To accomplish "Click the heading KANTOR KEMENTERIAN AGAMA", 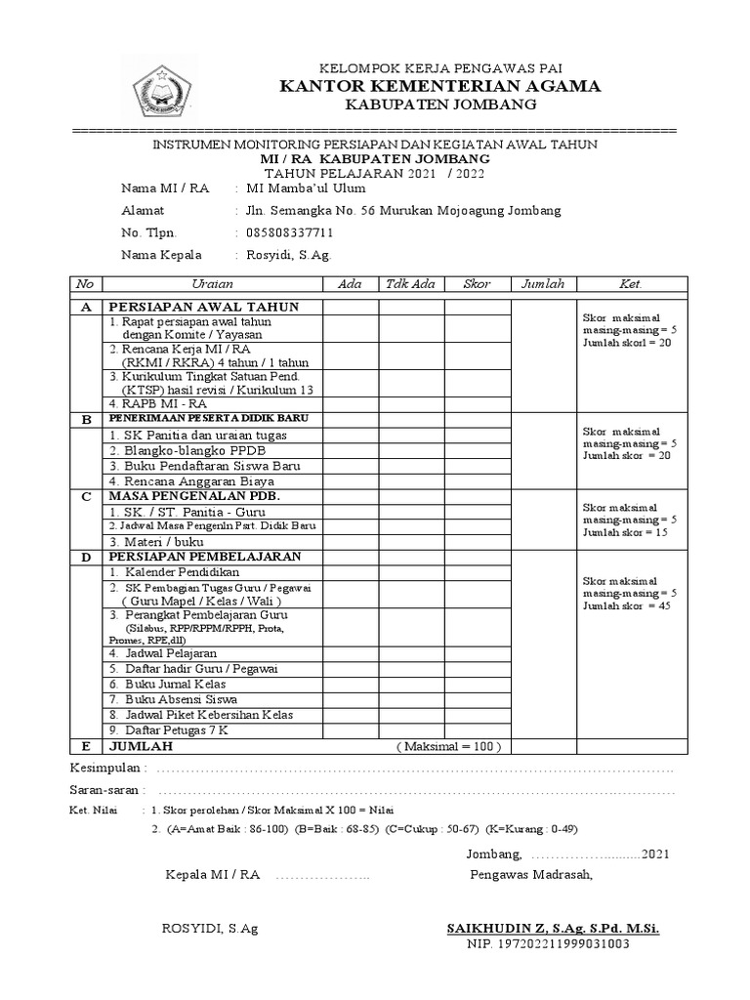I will click(440, 86).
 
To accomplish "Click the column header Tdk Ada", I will click(410, 283).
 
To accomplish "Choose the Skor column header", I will click(477, 283).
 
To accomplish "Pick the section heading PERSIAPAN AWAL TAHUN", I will click(203, 307).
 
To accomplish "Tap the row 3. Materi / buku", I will click(156, 541).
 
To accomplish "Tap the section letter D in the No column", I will click(86, 557).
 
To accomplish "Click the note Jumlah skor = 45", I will click(630, 606).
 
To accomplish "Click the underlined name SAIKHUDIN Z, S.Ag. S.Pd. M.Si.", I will click(552, 928).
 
